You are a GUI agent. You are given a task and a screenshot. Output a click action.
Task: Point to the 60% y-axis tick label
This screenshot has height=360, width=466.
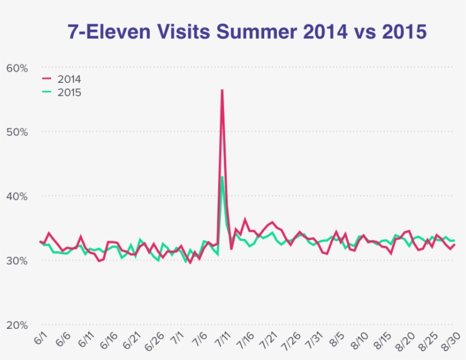[17, 68]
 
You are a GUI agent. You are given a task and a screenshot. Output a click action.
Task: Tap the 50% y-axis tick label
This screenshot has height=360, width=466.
[17, 132]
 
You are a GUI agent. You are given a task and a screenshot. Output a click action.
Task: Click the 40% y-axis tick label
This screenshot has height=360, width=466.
[17, 196]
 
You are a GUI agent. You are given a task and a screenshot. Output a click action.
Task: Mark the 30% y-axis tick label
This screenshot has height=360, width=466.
[17, 261]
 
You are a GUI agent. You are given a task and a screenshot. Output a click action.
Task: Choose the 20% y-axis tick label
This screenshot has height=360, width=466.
[17, 325]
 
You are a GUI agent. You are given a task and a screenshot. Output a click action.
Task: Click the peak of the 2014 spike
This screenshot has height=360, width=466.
[222, 90]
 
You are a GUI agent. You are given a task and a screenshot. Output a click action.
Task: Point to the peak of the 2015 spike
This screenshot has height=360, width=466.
[222, 177]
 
